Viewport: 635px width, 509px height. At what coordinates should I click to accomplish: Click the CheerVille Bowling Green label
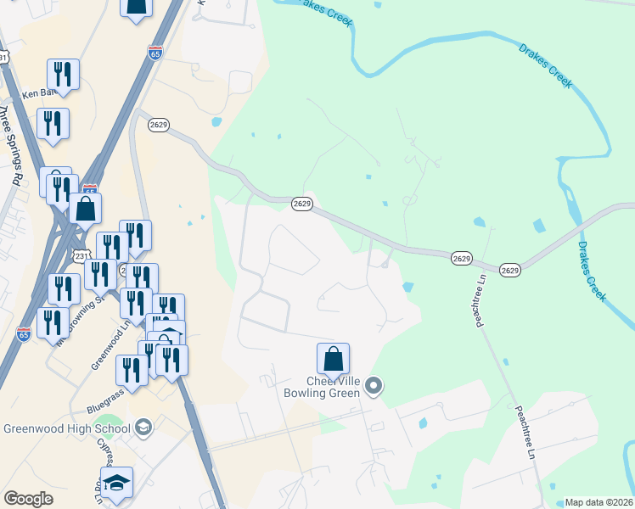pyautogui.click(x=322, y=388)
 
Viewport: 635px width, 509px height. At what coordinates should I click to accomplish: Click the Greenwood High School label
pyautogui.click(x=66, y=428)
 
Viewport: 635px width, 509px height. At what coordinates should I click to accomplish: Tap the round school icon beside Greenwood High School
pyautogui.click(x=143, y=428)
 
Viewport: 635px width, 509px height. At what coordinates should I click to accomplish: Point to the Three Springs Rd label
pyautogui.click(x=10, y=144)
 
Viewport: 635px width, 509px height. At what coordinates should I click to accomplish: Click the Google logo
pyautogui.click(x=28, y=499)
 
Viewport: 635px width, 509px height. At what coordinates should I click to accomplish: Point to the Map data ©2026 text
pyautogui.click(x=598, y=502)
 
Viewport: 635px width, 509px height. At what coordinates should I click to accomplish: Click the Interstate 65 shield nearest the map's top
pyautogui.click(x=155, y=53)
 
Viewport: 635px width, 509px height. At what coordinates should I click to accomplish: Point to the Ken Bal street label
pyautogui.click(x=37, y=93)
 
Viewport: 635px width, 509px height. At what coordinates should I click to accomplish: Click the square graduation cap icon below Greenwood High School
pyautogui.click(x=117, y=482)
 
